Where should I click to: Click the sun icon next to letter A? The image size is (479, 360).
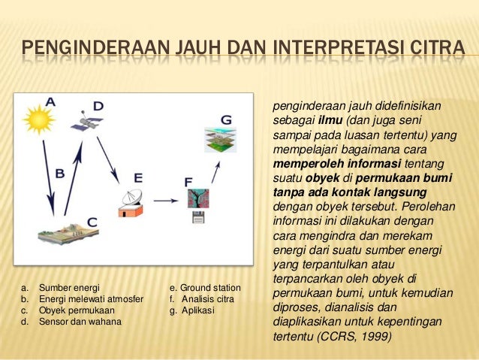[35, 119]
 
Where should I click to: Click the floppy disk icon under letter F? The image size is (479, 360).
[199, 219]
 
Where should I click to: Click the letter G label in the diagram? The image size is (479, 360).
[226, 119]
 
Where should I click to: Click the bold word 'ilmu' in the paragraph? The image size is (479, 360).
[327, 122]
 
